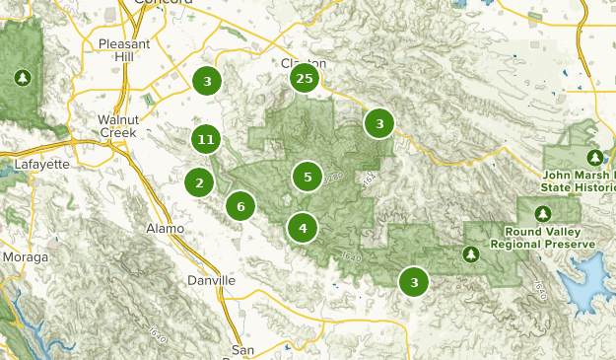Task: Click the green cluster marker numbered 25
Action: (x=305, y=79)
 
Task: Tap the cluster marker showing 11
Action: (x=206, y=140)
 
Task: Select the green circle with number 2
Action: (x=199, y=182)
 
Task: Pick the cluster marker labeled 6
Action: (x=240, y=206)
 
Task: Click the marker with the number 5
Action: (x=308, y=178)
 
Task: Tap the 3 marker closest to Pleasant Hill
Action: (x=207, y=82)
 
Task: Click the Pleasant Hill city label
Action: (x=124, y=50)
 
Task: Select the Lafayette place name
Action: (x=42, y=164)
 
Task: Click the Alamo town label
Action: (x=165, y=229)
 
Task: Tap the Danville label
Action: (x=211, y=280)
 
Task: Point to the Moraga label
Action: (x=24, y=256)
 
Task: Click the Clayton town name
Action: (x=304, y=63)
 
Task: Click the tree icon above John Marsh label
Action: (x=594, y=157)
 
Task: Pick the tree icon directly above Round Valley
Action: (x=542, y=213)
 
